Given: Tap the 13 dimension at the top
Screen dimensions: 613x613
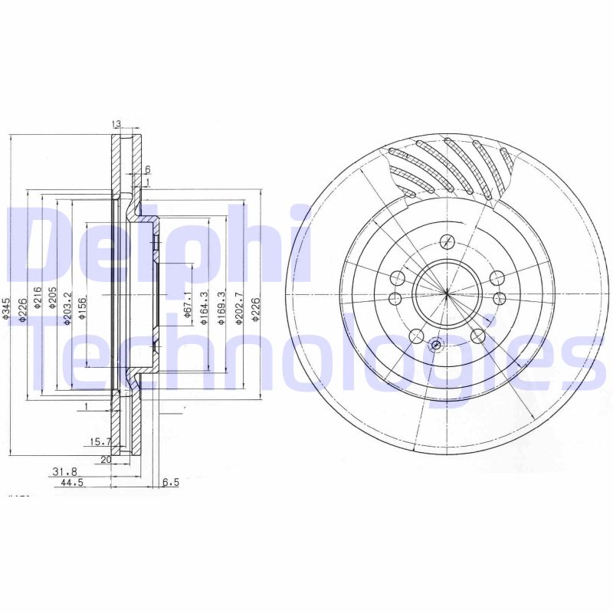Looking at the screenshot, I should tap(117, 124).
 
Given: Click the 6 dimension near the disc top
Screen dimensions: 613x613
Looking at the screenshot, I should tap(147, 169).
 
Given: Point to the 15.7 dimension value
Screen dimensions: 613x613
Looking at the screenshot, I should tap(101, 441).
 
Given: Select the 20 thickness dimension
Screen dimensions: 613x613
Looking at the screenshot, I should tap(106, 460).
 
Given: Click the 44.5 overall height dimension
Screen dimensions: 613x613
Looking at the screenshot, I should tap(71, 484).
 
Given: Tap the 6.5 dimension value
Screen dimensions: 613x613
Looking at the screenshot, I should tap(170, 484).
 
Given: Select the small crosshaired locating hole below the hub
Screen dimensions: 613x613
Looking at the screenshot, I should tap(436, 345).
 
